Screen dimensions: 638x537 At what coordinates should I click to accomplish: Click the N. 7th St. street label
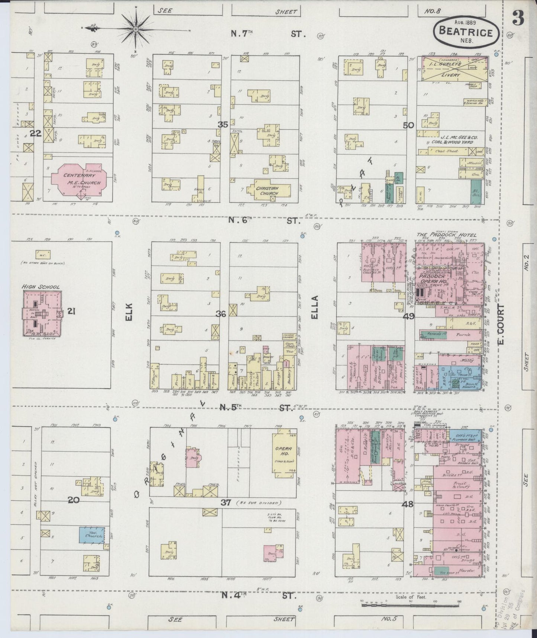pyautogui.click(x=268, y=34)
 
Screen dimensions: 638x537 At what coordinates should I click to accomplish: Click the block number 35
pyautogui.click(x=223, y=125)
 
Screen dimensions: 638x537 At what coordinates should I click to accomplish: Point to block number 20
pyautogui.click(x=74, y=500)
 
